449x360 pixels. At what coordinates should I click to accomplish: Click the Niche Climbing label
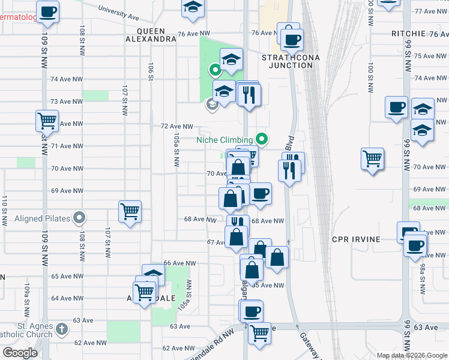[224, 140]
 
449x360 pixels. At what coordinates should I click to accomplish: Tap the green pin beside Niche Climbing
[262, 139]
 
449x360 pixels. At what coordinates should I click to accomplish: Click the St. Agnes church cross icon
[62, 329]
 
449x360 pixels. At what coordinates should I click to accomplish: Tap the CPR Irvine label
[356, 239]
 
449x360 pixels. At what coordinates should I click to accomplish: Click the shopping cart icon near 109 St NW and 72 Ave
[47, 121]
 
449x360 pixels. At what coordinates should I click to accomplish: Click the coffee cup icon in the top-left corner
[47, 10]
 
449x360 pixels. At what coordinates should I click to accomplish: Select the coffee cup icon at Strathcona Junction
[292, 40]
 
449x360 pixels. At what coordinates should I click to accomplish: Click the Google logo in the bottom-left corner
[20, 353]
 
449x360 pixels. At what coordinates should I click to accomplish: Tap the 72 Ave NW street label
[177, 127]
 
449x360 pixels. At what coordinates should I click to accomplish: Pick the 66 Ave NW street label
[180, 263]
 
